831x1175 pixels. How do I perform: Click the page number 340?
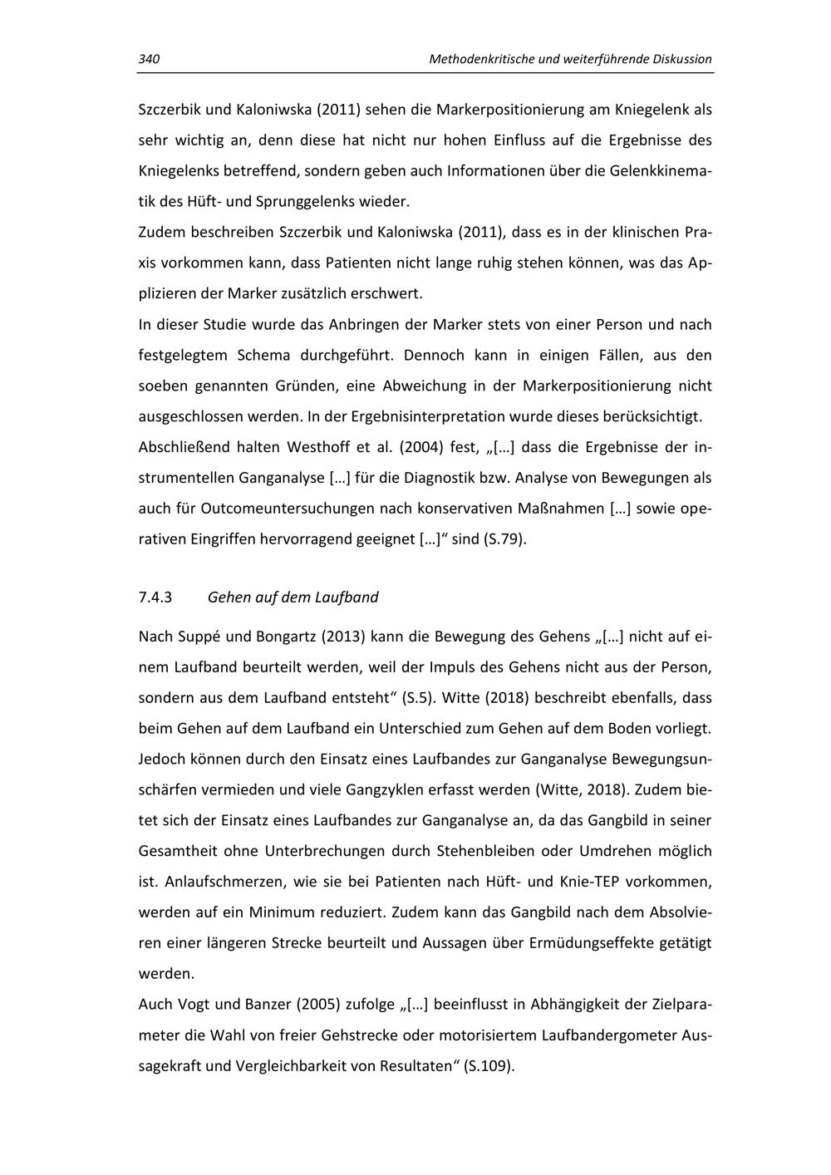pyautogui.click(x=149, y=59)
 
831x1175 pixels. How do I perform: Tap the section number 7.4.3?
pyautogui.click(x=155, y=597)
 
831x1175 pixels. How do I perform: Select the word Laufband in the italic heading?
pyautogui.click(x=348, y=597)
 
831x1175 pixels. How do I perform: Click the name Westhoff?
pyautogui.click(x=318, y=447)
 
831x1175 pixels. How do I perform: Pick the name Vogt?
pyautogui.click(x=194, y=1004)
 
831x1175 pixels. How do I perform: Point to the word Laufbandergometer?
pyautogui.click(x=609, y=1035)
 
